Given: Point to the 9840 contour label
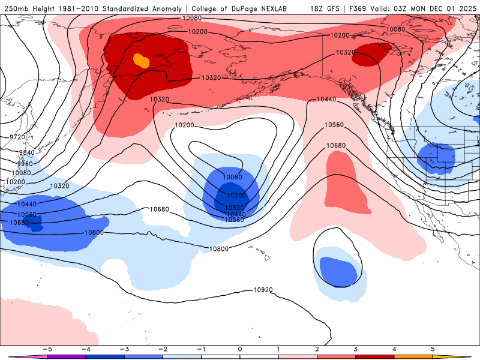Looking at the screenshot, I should pyautogui.click(x=25, y=152).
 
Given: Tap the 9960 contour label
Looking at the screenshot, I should pyautogui.click(x=25, y=164).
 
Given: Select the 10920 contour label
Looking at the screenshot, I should pyautogui.click(x=263, y=290).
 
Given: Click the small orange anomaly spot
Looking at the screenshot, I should pyautogui.click(x=140, y=60).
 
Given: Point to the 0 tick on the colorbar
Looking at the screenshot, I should pyautogui.click(x=239, y=349).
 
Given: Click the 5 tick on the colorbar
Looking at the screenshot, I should pyautogui.click(x=433, y=349).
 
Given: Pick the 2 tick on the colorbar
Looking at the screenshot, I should pyautogui.click(x=317, y=349).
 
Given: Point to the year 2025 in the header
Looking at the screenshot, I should pyautogui.click(x=466, y=8).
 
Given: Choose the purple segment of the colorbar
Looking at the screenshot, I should pyautogui.click(x=66, y=356).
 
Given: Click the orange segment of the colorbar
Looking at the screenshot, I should pyautogui.click(x=413, y=356).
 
